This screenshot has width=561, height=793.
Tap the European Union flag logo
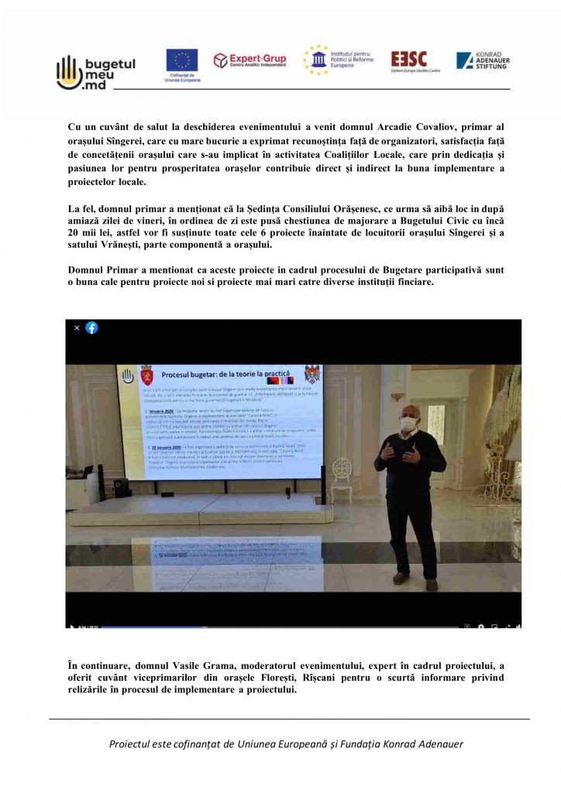click(x=182, y=61)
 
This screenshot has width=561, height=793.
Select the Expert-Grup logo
click(x=250, y=60)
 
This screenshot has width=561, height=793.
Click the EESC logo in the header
click(x=409, y=60)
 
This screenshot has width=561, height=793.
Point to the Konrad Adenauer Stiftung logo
click(x=482, y=60)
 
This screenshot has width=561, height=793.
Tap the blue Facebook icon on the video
click(x=91, y=328)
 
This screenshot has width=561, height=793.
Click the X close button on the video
click(x=77, y=328)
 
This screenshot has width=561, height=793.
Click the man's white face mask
click(x=408, y=424)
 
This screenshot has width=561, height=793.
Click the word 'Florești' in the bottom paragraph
click(x=353, y=678)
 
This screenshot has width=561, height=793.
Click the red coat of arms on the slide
click(x=146, y=376)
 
